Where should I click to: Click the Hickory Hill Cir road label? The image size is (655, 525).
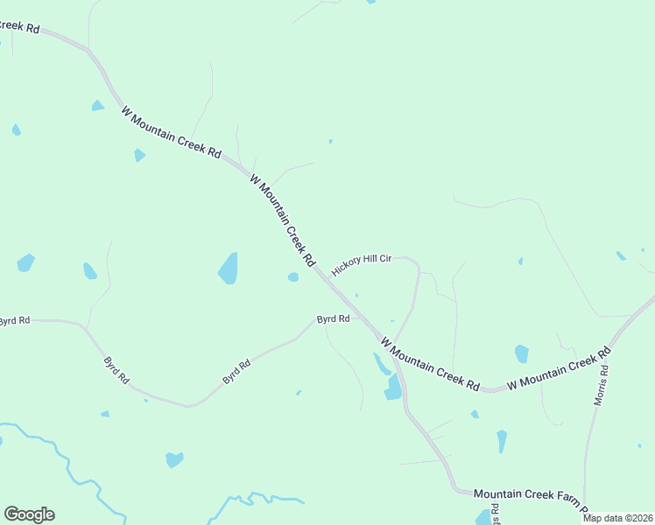coord(362,264)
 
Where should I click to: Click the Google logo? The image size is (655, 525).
coord(29,514)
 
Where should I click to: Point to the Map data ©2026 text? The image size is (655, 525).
coord(617,518)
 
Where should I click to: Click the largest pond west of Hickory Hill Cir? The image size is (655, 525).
coord(229,268)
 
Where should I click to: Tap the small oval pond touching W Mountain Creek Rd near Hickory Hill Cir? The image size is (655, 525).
coord(293,277)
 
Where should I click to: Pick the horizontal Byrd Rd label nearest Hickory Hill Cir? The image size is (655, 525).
coord(334,319)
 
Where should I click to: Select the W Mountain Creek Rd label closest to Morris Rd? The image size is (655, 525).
coord(558,369)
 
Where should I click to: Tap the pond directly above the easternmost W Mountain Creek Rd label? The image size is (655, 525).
coord(522,353)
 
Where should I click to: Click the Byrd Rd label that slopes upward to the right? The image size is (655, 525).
coord(236,372)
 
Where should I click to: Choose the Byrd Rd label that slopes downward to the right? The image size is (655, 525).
coord(116,370)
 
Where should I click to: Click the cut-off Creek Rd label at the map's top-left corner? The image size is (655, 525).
coord(20,28)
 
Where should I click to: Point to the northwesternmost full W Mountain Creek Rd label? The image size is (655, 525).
coord(171,132)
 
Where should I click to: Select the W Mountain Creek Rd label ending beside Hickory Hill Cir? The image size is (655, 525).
coord(282,220)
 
